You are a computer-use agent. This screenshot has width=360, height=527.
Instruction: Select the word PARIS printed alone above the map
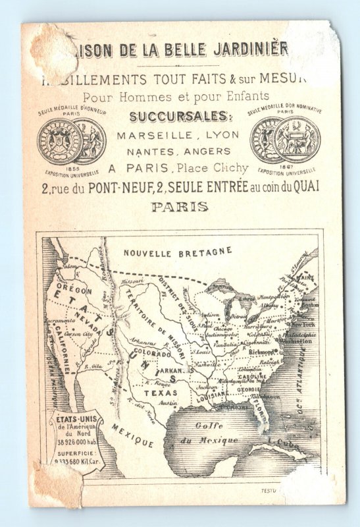tap(180, 206)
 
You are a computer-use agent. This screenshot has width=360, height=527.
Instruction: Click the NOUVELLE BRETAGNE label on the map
tap(178, 252)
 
